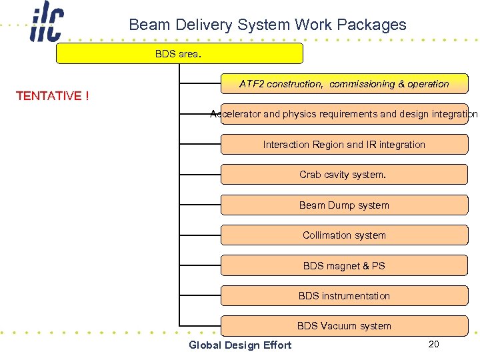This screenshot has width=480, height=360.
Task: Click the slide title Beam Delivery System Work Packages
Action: pyautogui.click(x=267, y=25)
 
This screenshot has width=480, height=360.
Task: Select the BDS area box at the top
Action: pyautogui.click(x=179, y=54)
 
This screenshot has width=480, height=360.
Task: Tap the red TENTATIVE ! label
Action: pyautogui.click(x=52, y=96)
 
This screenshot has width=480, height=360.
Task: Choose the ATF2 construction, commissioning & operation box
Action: pyautogui.click(x=344, y=84)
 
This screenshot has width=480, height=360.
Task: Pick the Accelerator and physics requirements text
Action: pyautogui.click(x=344, y=114)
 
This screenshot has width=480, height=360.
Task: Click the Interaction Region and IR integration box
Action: pyautogui.click(x=344, y=145)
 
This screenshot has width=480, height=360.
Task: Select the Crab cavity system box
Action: pyautogui.click(x=344, y=175)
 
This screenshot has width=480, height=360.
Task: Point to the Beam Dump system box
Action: pyautogui.click(x=344, y=205)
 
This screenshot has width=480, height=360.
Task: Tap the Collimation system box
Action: pyautogui.click(x=344, y=235)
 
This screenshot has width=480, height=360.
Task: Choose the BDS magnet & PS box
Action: pyautogui.click(x=344, y=266)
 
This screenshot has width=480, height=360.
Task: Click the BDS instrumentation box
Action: pyautogui.click(x=344, y=296)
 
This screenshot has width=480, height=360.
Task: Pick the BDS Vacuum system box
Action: pyautogui.click(x=344, y=326)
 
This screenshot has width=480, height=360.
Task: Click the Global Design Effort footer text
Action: pyautogui.click(x=240, y=345)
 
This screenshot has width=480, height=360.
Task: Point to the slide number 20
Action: pyautogui.click(x=433, y=344)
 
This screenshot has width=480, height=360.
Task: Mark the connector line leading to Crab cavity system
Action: pyautogui.click(x=200, y=175)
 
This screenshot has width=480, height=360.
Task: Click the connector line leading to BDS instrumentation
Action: pyautogui.click(x=200, y=296)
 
